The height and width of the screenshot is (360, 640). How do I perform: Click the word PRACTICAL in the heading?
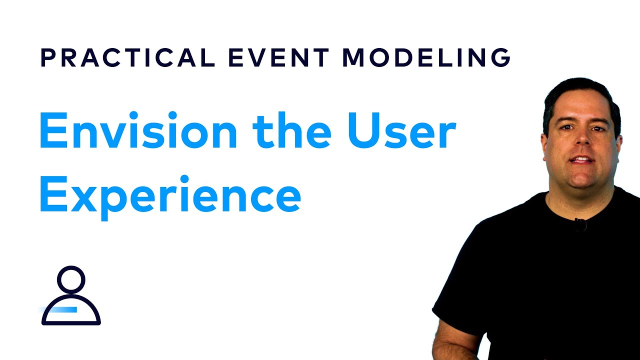pos(127,58)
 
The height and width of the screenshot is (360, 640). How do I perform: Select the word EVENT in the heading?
pos(278,58)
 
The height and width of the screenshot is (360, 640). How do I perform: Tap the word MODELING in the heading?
pos(426,58)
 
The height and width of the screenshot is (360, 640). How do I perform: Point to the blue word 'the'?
pos(291,131)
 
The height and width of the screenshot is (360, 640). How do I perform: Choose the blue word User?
pos(400,131)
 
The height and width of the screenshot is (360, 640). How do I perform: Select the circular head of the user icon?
pos(71,279)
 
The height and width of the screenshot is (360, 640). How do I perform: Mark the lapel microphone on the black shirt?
pos(580,224)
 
